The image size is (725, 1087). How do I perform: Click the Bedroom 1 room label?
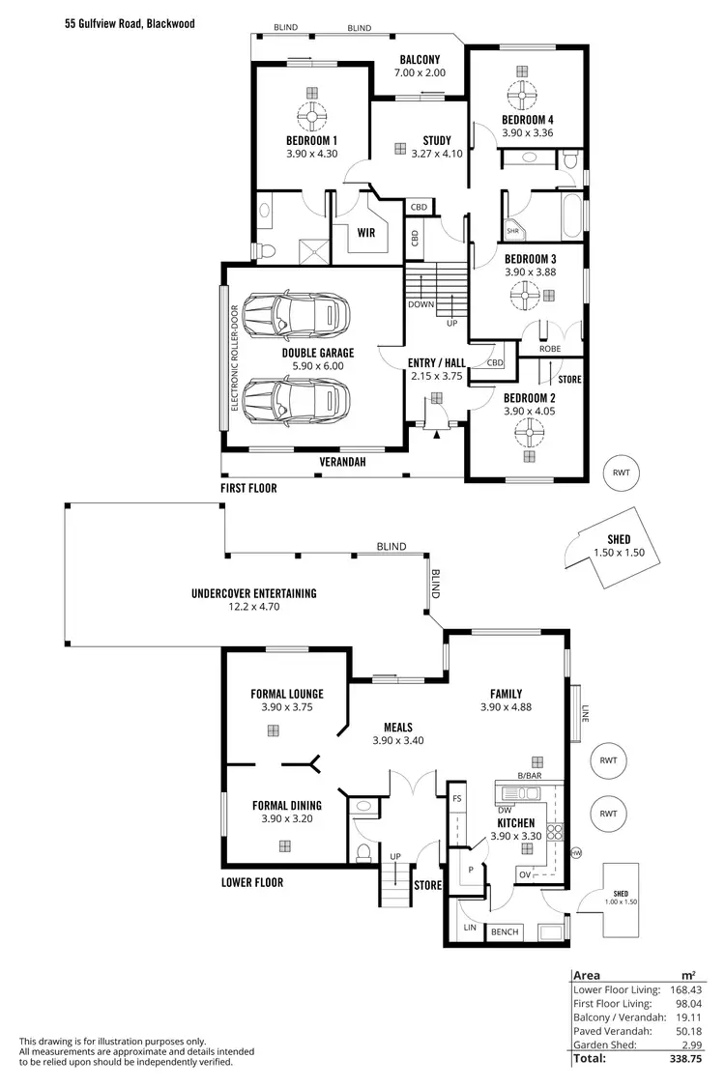tap(311, 140)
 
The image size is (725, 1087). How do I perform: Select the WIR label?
tap(366, 232)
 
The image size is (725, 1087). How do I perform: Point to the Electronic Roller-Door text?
tap(234, 358)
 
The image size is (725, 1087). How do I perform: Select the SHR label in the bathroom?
tap(512, 231)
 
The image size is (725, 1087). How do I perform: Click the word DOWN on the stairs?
tap(420, 304)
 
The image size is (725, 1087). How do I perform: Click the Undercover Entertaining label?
tap(254, 594)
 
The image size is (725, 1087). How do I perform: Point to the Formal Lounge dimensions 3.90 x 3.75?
tap(286, 707)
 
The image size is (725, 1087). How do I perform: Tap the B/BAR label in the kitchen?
tap(529, 776)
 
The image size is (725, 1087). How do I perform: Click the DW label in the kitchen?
tap(505, 810)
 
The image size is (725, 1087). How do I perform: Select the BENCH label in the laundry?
tap(505, 932)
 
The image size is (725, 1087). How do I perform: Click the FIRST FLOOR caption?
tap(248, 489)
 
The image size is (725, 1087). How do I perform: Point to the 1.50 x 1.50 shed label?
tap(619, 553)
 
